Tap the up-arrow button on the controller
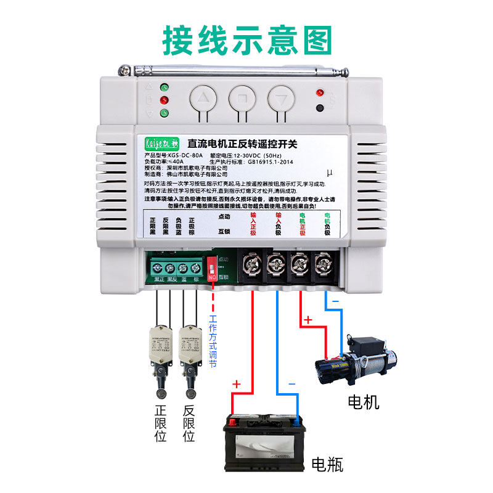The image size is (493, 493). tap(203, 97)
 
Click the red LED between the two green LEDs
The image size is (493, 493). tap(165, 100)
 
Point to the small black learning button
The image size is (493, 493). tap(319, 108)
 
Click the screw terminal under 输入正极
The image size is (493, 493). tap(252, 266)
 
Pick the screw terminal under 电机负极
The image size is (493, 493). tap(322, 266)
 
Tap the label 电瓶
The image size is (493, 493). tap(327, 464)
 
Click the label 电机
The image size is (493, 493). tap(364, 402)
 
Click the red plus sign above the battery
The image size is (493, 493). tap(235, 385)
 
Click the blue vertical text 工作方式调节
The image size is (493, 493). tap(213, 341)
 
